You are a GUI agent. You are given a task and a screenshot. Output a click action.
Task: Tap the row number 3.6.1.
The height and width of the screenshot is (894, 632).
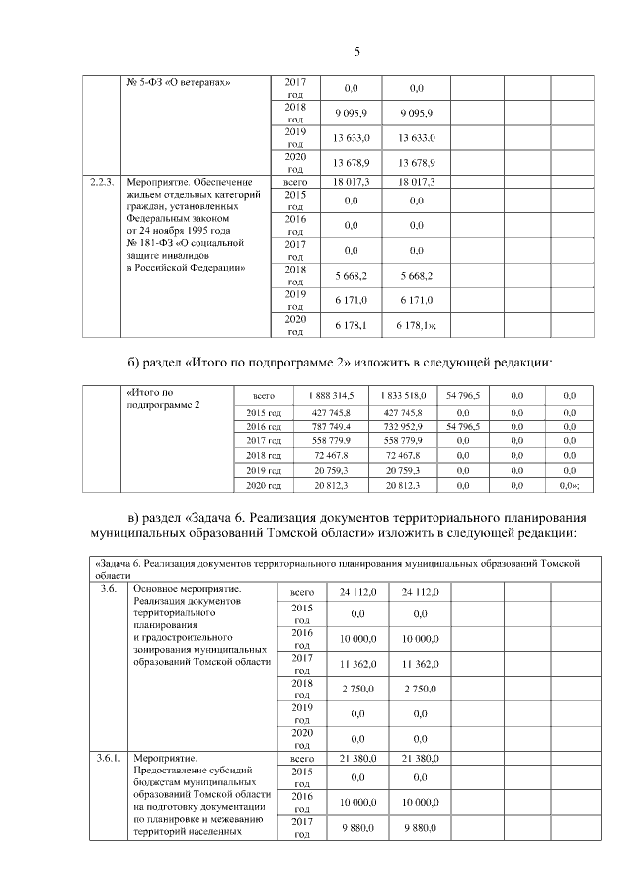point(105,757)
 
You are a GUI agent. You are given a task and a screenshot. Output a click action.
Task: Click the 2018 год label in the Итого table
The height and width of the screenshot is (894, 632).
point(263,455)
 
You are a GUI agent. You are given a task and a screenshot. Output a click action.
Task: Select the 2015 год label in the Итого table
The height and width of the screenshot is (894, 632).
point(263,410)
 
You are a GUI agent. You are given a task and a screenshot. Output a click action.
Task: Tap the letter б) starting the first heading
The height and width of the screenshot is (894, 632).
point(136,361)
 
